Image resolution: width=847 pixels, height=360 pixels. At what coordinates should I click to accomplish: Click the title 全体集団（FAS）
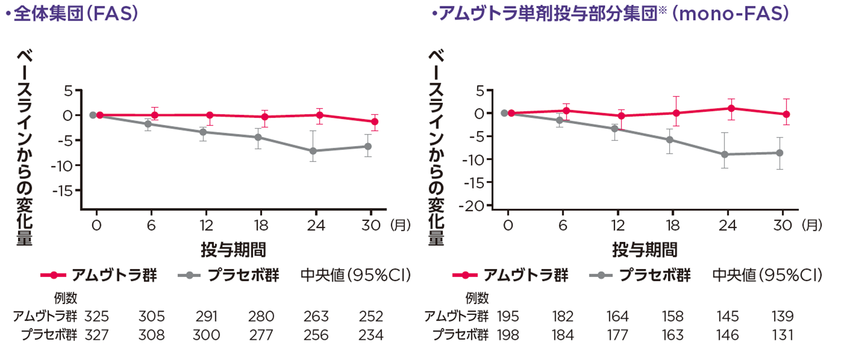[x=74, y=13]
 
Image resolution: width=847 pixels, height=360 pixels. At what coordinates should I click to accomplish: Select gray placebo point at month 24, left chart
[x=313, y=151]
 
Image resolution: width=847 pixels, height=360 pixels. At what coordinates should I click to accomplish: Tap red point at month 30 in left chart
[x=375, y=122]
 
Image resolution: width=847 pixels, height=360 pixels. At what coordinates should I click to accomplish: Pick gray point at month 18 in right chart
[x=670, y=140]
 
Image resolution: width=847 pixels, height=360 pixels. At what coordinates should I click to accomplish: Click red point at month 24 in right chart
[x=731, y=109]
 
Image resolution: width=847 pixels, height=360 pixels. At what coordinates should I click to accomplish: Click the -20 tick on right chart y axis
[x=474, y=206]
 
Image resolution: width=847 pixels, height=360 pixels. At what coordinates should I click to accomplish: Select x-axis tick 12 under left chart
[x=206, y=226]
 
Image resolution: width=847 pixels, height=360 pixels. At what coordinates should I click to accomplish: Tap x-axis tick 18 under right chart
[x=672, y=226]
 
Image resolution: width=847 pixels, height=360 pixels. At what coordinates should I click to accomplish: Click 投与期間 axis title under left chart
[x=233, y=249]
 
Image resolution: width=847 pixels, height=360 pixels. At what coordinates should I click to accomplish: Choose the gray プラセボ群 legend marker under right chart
[x=601, y=275]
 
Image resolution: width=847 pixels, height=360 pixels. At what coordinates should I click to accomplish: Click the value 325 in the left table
[x=96, y=317]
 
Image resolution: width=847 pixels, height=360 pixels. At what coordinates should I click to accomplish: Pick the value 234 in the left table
[x=371, y=335]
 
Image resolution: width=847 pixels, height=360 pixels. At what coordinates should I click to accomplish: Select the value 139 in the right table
[x=782, y=317]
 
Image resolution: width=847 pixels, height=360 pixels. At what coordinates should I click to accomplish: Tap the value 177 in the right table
[x=617, y=335]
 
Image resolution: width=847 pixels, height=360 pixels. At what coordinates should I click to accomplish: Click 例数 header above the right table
[x=477, y=298]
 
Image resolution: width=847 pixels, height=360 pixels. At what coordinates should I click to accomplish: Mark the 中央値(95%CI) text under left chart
[x=355, y=275]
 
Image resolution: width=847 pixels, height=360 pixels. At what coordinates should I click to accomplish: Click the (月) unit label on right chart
[x=812, y=226]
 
